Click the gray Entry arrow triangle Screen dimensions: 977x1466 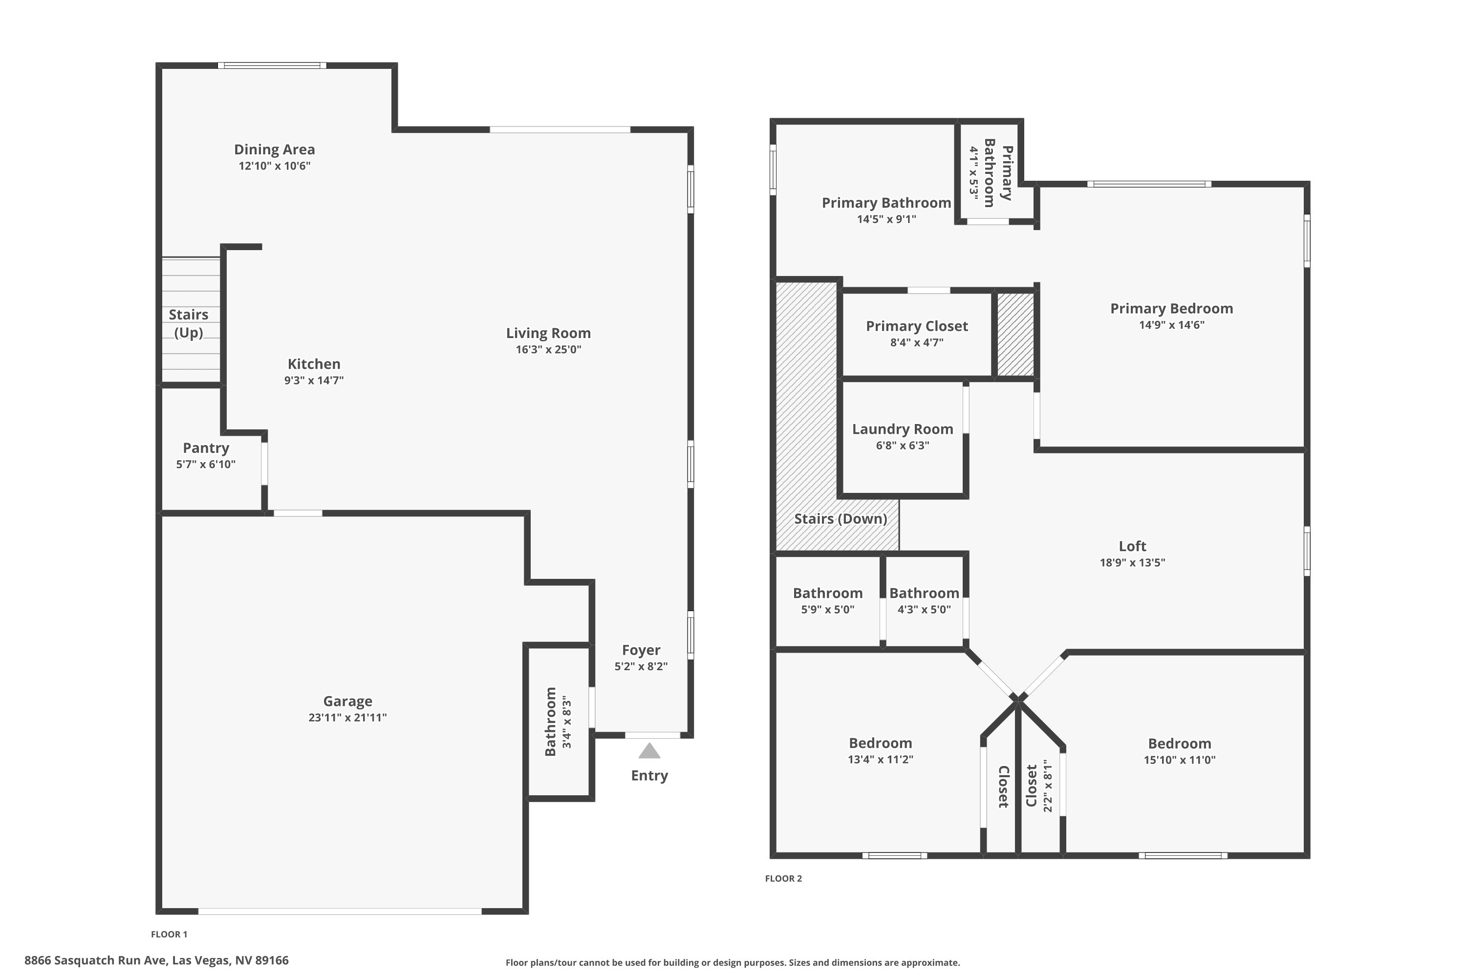point(649,751)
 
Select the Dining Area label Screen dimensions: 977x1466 point(274,149)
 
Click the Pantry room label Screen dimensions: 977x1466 point(206,448)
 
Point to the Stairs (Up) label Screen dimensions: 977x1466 point(188,323)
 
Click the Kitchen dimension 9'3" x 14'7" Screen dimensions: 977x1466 point(314,381)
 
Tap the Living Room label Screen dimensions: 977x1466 point(548,333)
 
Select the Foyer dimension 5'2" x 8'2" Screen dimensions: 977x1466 point(641,667)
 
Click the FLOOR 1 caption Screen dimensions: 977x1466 point(169,934)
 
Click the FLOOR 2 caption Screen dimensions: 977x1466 point(783,878)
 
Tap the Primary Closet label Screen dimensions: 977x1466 point(916,326)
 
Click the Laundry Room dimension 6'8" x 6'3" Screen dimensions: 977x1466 point(902,446)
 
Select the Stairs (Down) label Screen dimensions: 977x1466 point(840,519)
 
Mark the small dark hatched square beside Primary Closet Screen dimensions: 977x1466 point(1015,335)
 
